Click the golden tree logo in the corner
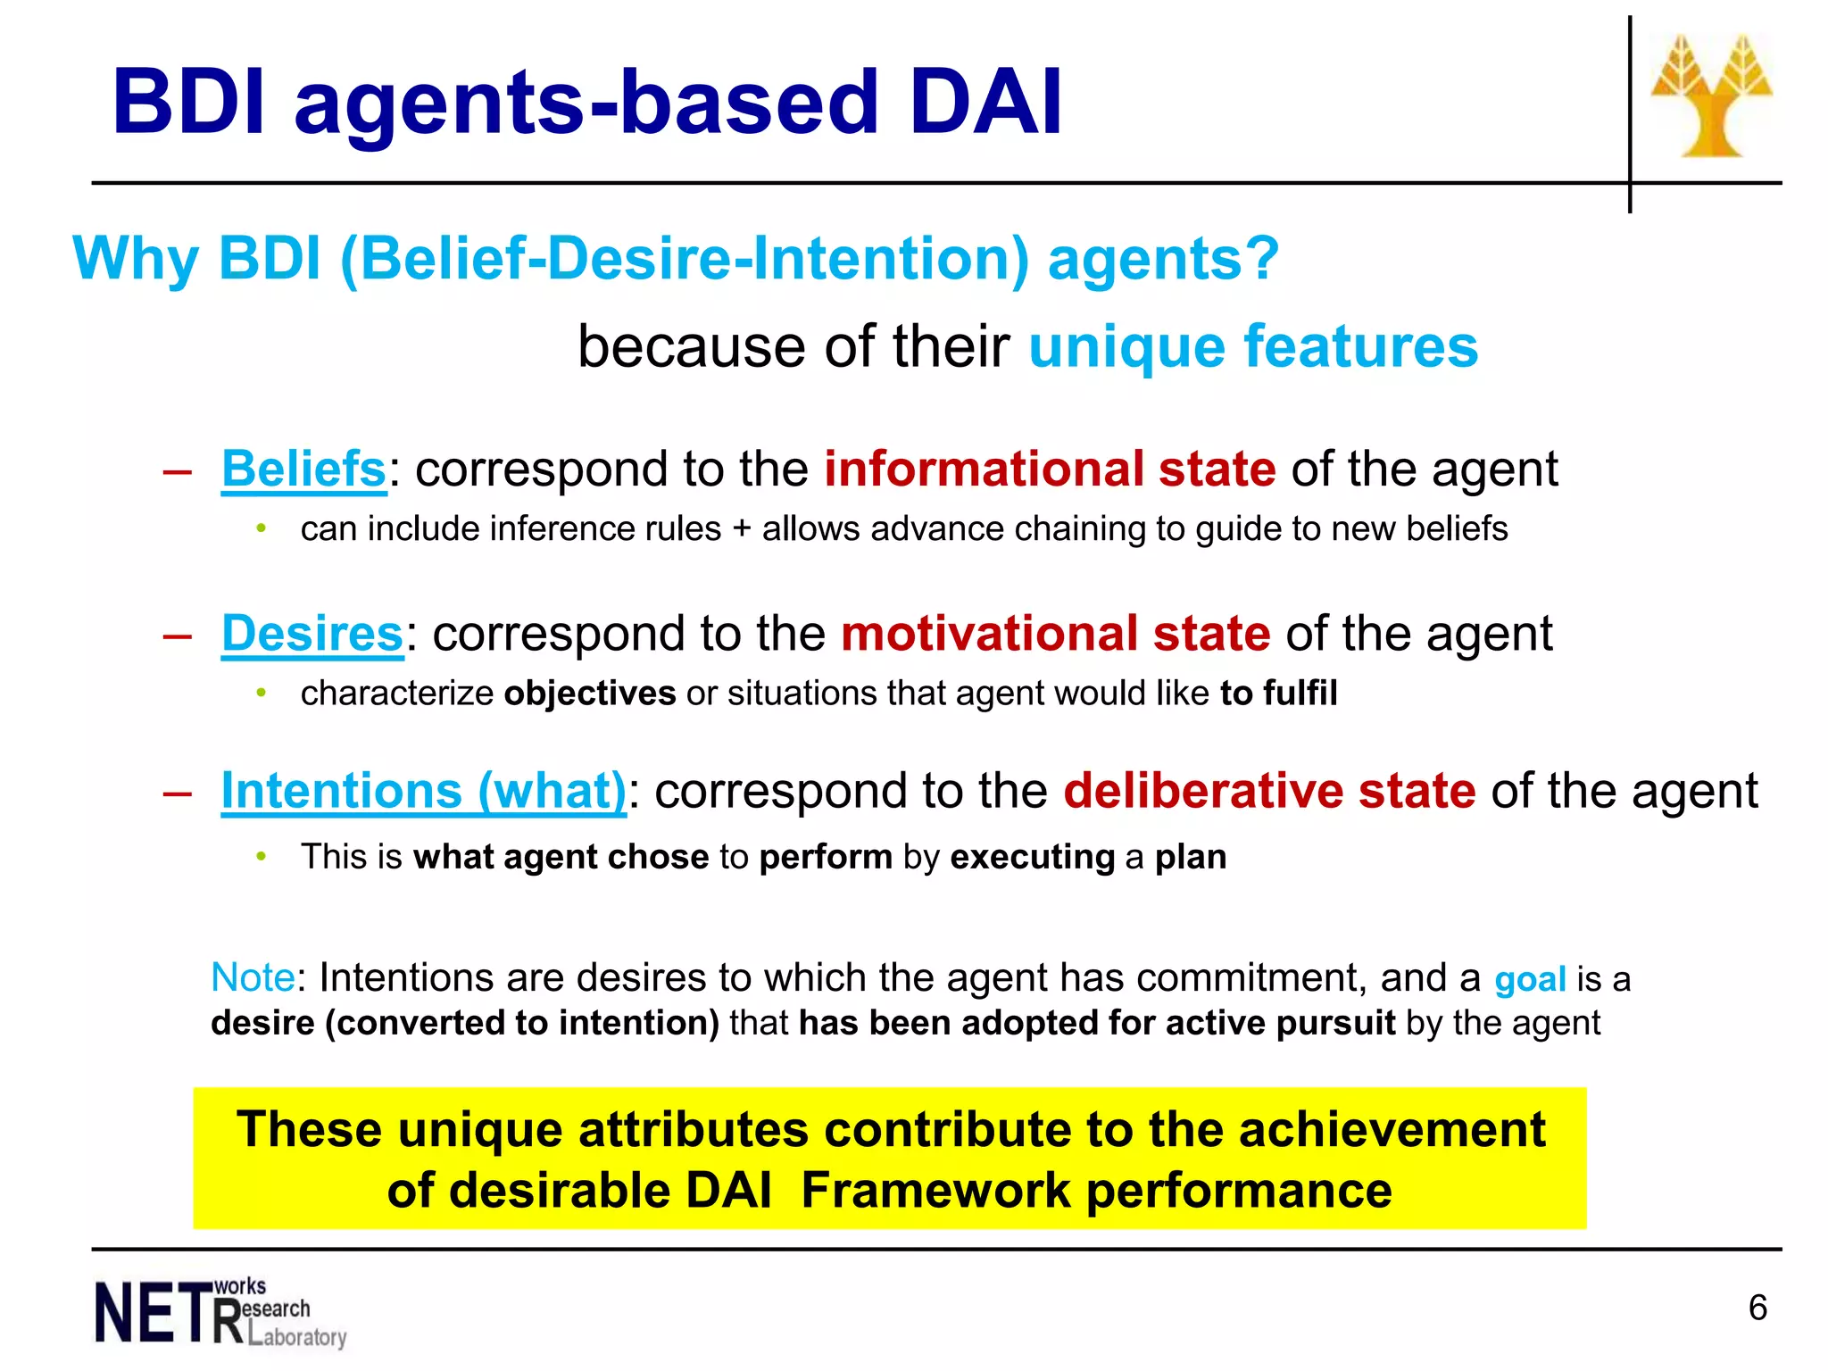tap(1711, 96)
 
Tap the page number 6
tap(1757, 1308)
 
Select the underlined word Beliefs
tap(303, 469)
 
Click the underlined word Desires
tap(312, 634)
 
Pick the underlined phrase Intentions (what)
tap(423, 791)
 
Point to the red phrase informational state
tap(1049, 469)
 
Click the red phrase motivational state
tap(1055, 634)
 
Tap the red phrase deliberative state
tap(1269, 791)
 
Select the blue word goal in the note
tap(1530, 980)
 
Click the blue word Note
tap(253, 978)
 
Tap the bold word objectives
tap(590, 694)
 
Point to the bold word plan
tap(1191, 857)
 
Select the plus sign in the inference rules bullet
tap(742, 529)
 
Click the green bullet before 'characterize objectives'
tap(261, 693)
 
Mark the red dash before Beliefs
tap(178, 471)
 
